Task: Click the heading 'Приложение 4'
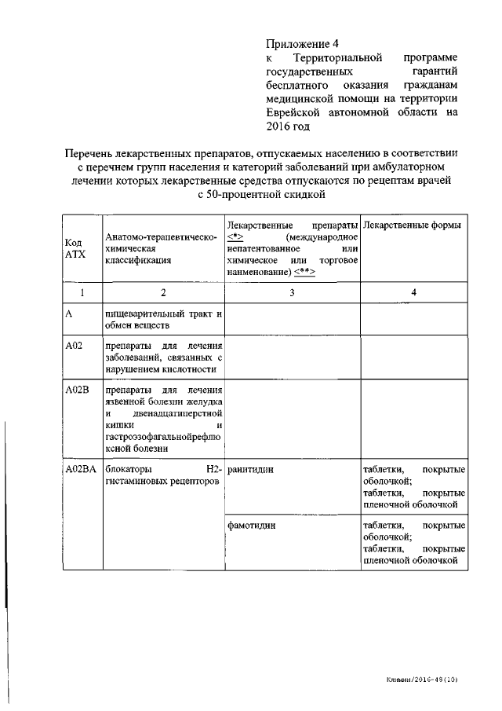[x=302, y=44]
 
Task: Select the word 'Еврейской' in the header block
[x=293, y=112]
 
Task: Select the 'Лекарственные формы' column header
[x=413, y=225]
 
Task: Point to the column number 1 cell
[x=82, y=292]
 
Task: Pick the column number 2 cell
[x=163, y=292]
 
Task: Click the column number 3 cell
[x=292, y=292]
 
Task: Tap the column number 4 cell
[x=413, y=292]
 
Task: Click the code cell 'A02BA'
[x=81, y=470]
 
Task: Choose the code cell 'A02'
[x=74, y=346]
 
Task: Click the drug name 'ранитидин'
[x=251, y=470]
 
